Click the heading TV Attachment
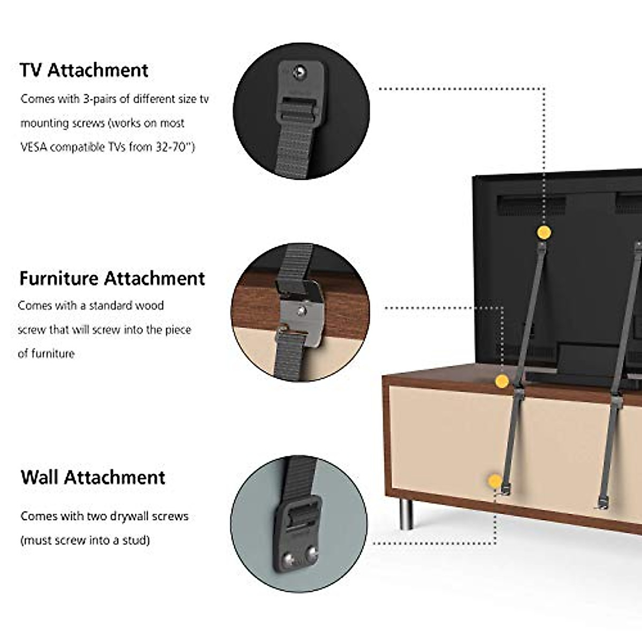[84, 70]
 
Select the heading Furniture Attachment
[112, 278]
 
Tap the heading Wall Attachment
[93, 477]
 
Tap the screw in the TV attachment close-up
[301, 71]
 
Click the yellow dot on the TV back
[544, 232]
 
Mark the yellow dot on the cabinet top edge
[501, 381]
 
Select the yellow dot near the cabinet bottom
[495, 480]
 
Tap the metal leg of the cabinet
[407, 514]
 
